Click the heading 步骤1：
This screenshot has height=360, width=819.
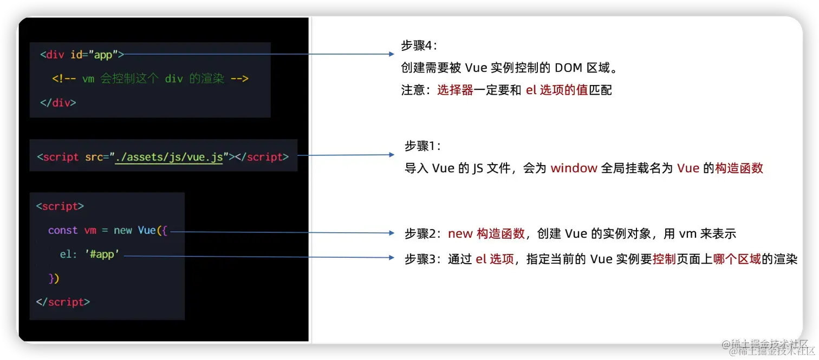pos(423,146)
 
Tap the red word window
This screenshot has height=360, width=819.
pos(574,168)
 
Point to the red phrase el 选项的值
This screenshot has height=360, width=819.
pos(557,90)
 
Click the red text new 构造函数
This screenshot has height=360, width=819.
pos(486,233)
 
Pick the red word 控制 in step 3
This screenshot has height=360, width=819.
pos(664,259)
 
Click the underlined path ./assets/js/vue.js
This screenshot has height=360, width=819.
pos(169,157)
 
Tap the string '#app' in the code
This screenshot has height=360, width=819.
pos(102,253)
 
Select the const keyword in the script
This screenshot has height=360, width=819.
pos(63,230)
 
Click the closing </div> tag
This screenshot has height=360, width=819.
pos(58,102)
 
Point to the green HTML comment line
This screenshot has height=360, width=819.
pos(150,78)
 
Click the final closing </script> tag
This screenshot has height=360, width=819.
pos(63,302)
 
